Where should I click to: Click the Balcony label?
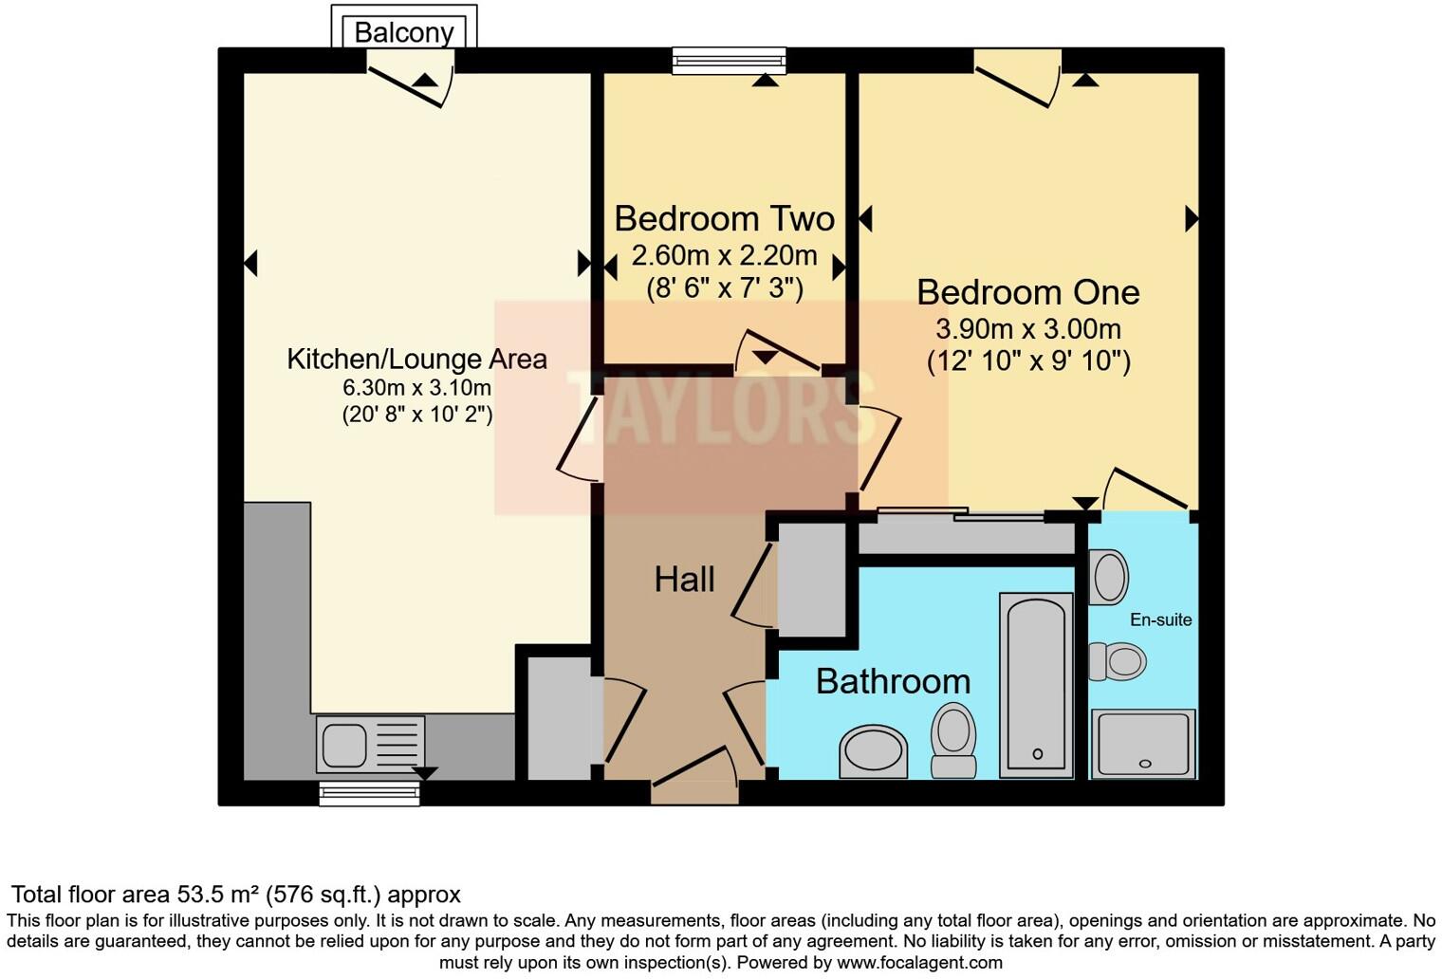coord(403,32)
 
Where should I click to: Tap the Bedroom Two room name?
coord(724,219)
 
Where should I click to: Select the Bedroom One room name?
coord(1027,292)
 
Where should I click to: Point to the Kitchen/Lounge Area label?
coord(416,360)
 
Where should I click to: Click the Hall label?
coord(684,580)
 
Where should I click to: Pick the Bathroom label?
coord(893,681)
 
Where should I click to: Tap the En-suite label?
coord(1160,619)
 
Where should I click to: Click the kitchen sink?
coord(343,744)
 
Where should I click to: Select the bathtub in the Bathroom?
coord(1036,683)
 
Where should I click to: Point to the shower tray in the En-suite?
coord(1143,743)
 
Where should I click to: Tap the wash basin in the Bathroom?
coord(873,751)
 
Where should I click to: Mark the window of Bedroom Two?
coord(729,62)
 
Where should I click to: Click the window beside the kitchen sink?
coord(369,794)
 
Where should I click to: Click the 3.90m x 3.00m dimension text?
coord(1028,329)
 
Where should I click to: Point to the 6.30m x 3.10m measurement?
coord(416,388)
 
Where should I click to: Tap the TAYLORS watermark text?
coord(721,408)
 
